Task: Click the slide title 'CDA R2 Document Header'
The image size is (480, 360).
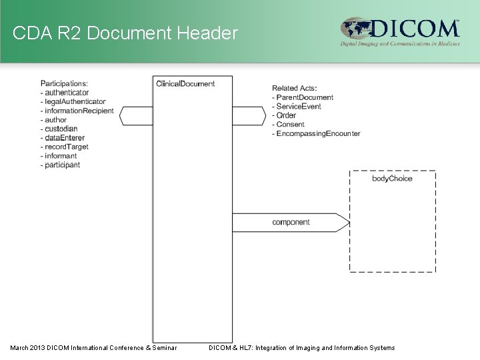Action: point(125,32)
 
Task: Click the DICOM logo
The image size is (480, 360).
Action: point(400,31)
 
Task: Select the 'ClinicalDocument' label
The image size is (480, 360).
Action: point(185,83)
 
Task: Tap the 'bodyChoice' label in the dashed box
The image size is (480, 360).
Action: point(392,179)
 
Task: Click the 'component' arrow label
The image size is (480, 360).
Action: point(291,222)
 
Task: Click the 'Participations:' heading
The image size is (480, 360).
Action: point(64,83)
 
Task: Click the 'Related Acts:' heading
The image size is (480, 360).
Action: point(294,88)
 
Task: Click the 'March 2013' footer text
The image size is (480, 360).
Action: point(93,347)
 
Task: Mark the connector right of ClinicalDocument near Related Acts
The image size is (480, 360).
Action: point(249,115)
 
